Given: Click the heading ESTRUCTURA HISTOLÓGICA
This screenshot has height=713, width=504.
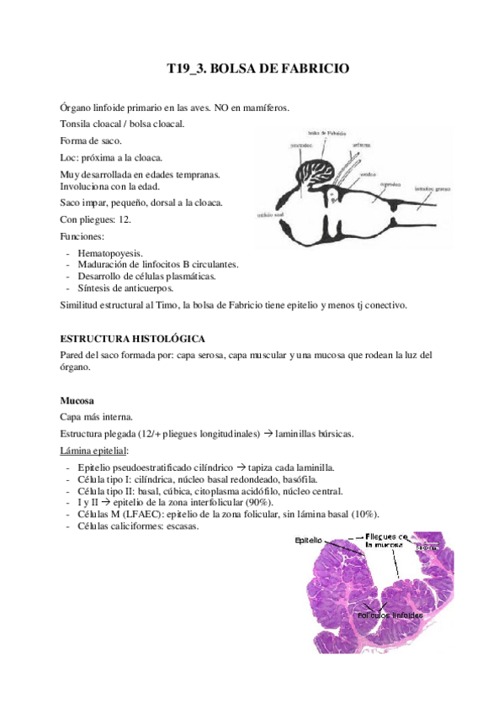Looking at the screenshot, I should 132,338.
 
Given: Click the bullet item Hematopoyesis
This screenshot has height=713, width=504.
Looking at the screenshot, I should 110,252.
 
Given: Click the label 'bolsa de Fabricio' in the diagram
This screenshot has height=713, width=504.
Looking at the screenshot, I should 328,132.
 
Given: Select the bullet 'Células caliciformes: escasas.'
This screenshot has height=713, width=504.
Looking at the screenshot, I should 138,526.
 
